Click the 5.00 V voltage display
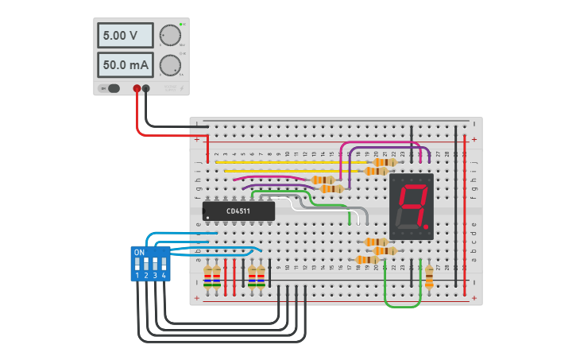125,36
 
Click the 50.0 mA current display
125,65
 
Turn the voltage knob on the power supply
169,36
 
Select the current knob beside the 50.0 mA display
169,65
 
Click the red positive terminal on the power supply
137,88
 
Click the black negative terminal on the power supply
146,88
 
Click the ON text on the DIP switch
139,253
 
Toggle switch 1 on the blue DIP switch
137,264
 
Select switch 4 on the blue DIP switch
164,264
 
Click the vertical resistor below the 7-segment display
429,276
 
